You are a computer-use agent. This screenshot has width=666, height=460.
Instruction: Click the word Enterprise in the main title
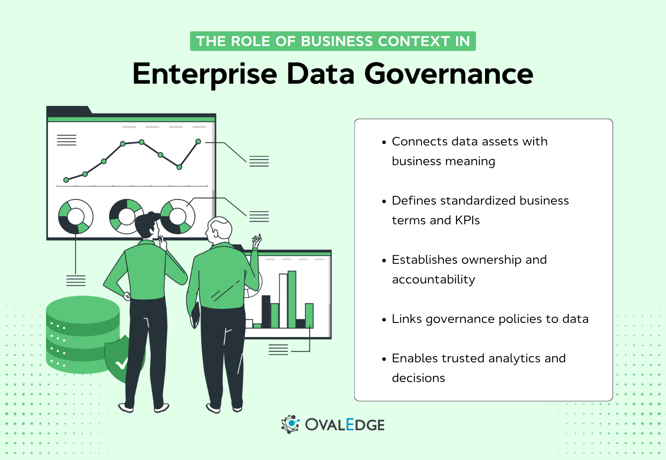pos(205,74)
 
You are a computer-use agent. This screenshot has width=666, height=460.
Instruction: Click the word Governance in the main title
pos(449,74)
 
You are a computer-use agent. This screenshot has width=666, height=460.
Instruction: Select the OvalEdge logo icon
pos(290,424)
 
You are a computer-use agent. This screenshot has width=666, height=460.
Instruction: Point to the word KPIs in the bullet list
pos(467,220)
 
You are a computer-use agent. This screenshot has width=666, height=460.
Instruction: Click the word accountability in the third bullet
pos(433,280)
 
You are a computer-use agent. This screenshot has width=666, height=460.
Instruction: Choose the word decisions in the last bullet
pos(418,378)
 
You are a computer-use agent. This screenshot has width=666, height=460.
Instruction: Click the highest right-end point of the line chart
pos(198,142)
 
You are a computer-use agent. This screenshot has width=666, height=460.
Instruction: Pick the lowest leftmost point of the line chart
pos(66,180)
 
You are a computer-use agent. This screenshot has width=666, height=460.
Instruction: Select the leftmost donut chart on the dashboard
pos(76,216)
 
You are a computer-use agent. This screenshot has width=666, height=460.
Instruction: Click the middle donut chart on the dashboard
pos(127,216)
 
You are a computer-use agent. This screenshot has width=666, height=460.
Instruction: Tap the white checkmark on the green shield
pos(121,364)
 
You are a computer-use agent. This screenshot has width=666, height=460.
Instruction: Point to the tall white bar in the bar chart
pos(283,301)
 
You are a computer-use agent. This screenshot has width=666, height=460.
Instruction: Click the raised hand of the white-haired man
pos(257,241)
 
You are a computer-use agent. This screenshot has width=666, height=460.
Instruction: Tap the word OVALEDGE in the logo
pos(345,425)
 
